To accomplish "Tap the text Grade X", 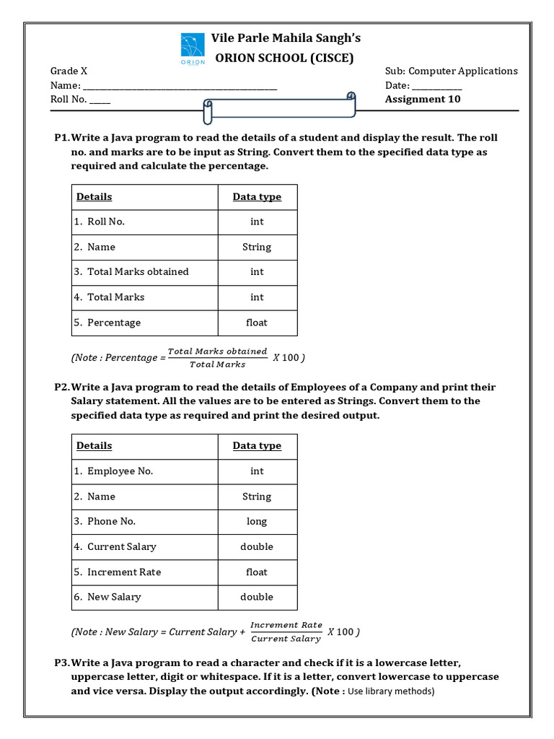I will [x=69, y=71].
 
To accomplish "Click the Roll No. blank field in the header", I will [x=100, y=100].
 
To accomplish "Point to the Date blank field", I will [x=436, y=86].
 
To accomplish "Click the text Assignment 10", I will [x=422, y=99].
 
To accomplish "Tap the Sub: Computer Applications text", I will [x=451, y=71].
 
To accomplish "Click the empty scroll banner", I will [x=280, y=108].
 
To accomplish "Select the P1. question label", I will [x=61, y=137].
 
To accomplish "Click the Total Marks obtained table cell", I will [x=138, y=272].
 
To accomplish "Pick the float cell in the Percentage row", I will [x=257, y=323].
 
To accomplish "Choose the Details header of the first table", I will [x=94, y=197].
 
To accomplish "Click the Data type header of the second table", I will [x=257, y=446].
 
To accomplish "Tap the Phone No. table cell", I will [x=111, y=522].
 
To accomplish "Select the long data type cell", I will [x=257, y=522].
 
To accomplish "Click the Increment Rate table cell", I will [x=123, y=572].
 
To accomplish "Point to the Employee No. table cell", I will [x=120, y=471].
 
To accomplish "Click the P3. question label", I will [x=61, y=663].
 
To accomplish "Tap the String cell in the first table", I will [x=257, y=247].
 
